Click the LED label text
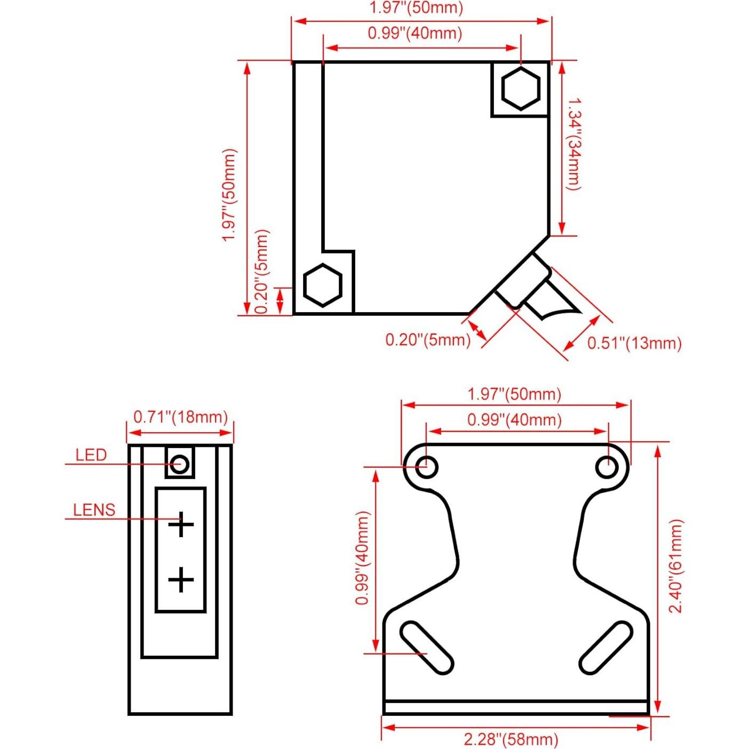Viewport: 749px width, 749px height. click(x=91, y=455)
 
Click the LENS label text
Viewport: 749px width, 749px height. click(x=94, y=510)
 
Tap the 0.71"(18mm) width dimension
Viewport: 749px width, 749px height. click(x=180, y=417)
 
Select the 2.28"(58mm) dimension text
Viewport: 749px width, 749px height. click(x=511, y=739)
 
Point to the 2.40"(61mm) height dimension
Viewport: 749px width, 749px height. click(x=676, y=566)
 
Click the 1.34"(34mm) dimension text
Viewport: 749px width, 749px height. click(x=574, y=144)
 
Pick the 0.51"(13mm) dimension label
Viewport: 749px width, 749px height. click(x=634, y=343)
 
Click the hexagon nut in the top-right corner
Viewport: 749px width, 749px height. click(x=520, y=88)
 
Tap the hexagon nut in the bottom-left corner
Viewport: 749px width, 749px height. click(x=322, y=285)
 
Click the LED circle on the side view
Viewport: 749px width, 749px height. click(x=180, y=464)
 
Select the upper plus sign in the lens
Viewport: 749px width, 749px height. click(x=181, y=524)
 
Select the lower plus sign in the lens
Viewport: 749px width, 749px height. click(x=181, y=580)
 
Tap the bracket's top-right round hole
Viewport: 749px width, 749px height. click(x=607, y=467)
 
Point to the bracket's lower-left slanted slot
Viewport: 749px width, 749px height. click(x=427, y=648)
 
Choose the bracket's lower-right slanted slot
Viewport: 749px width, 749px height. click(x=605, y=648)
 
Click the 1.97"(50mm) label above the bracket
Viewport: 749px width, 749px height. click(x=514, y=394)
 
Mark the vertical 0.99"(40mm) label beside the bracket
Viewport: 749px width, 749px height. click(x=363, y=557)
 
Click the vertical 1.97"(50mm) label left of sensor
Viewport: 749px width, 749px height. click(x=229, y=195)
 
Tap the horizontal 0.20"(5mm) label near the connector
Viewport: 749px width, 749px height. click(x=428, y=340)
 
